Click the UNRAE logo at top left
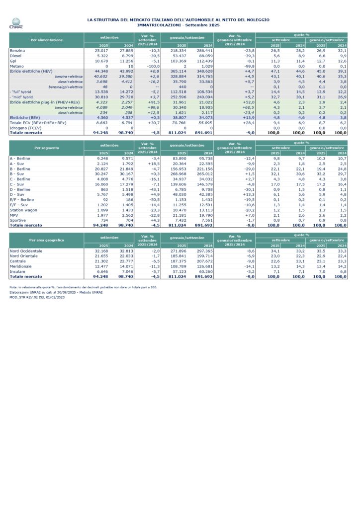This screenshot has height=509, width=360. click(16, 23)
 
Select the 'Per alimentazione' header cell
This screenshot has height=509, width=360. click(46, 40)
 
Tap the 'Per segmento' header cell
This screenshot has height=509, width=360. click(46, 148)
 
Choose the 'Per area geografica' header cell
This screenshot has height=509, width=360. click(46, 240)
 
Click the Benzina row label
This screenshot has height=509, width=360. click(17, 50)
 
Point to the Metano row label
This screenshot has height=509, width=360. click(17, 66)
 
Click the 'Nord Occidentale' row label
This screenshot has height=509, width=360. click(26, 251)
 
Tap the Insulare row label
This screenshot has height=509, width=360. click(18, 271)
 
